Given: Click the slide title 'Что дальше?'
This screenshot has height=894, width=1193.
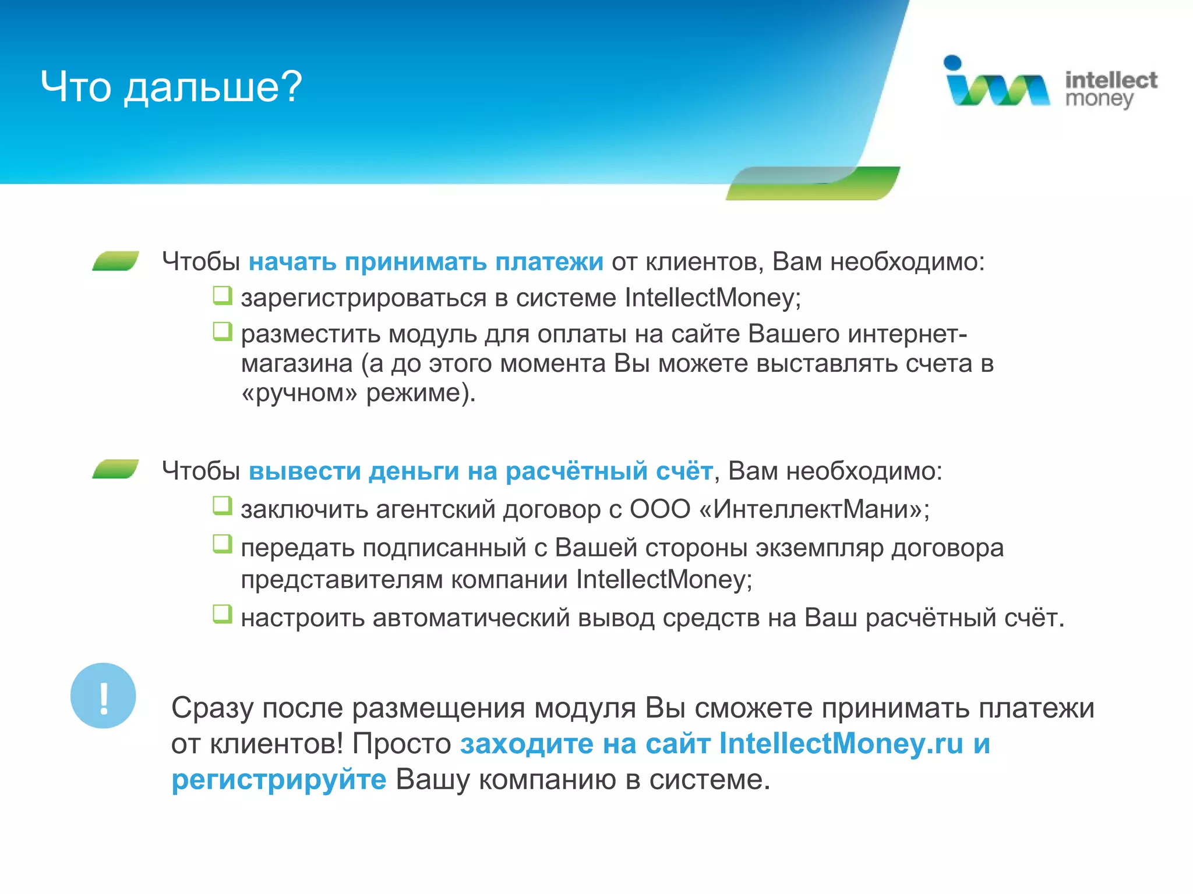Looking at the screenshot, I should [x=171, y=87].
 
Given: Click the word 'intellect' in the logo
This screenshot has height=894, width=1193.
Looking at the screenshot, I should [x=1110, y=80].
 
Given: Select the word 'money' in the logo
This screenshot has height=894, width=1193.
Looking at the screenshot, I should [x=1099, y=100].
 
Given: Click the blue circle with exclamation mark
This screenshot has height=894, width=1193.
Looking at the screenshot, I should [x=103, y=696].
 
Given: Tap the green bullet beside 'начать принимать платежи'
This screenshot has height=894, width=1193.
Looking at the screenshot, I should [x=115, y=261].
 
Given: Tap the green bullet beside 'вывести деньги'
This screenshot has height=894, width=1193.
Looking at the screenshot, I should [x=115, y=469].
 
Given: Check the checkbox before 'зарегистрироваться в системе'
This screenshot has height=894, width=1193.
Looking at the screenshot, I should [x=222, y=296].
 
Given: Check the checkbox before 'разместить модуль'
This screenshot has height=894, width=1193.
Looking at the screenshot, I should [x=222, y=332].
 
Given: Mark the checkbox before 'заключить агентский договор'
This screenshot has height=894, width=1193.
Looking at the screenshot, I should [x=222, y=506].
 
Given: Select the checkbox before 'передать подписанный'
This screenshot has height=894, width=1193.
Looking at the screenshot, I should [x=222, y=544].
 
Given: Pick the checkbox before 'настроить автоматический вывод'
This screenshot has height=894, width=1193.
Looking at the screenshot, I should [x=222, y=614].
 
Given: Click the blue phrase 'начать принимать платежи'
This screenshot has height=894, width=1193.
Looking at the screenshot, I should [x=426, y=261].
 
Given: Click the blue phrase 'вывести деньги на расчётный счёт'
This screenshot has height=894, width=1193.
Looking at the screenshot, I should [x=481, y=471].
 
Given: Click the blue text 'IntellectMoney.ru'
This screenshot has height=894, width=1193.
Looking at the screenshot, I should [x=841, y=743].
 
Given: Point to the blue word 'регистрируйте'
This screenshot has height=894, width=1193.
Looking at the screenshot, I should [x=278, y=779].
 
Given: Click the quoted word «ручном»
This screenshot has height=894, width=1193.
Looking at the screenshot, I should [x=299, y=393].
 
